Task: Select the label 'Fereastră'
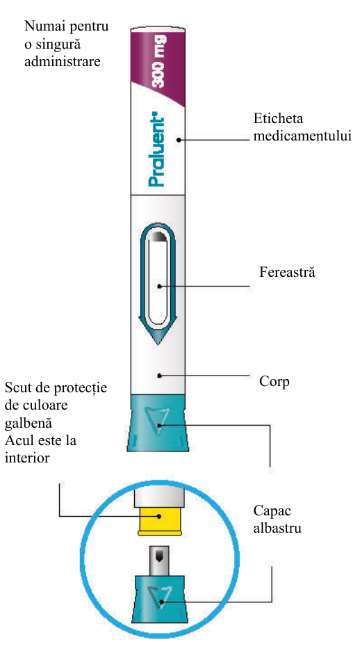287,273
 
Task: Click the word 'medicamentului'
302,136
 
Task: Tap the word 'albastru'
277,529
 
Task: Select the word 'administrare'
63,61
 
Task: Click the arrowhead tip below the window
157,344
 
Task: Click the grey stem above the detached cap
159,561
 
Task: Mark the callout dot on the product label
179,140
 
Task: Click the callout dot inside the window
159,287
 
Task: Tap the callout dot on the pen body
159,375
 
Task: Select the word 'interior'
26,458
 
